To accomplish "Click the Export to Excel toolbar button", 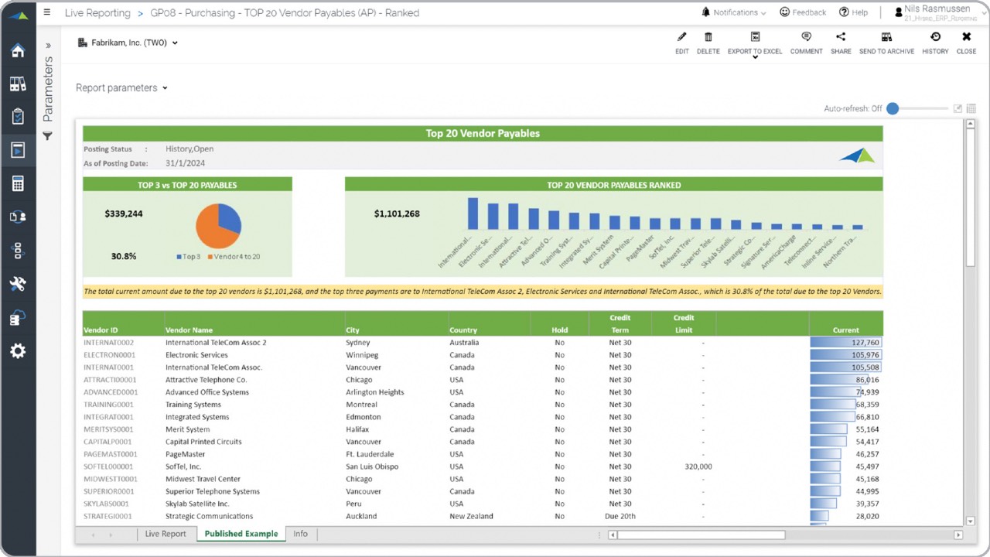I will click(x=755, y=43).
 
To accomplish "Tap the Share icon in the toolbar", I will click(x=841, y=43).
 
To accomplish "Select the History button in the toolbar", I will click(x=935, y=43).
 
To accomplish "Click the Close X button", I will click(x=966, y=43).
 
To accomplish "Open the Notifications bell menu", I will click(x=733, y=12).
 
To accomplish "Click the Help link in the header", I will click(x=854, y=12).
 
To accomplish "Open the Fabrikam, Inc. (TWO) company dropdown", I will click(x=128, y=43).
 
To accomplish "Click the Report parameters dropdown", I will click(x=121, y=88).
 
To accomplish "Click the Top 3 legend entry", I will click(x=189, y=256).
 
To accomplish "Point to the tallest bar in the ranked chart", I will click(x=473, y=214).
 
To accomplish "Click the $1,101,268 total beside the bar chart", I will click(x=397, y=214).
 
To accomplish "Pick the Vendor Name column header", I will click(x=189, y=330).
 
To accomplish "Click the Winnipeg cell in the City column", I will click(x=360, y=355).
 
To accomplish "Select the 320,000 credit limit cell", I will click(x=698, y=466).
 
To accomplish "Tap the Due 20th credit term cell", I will click(x=620, y=516).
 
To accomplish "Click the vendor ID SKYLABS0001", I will click(x=108, y=504).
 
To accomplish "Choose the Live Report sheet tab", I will click(x=166, y=534).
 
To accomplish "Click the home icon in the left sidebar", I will click(x=18, y=51).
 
